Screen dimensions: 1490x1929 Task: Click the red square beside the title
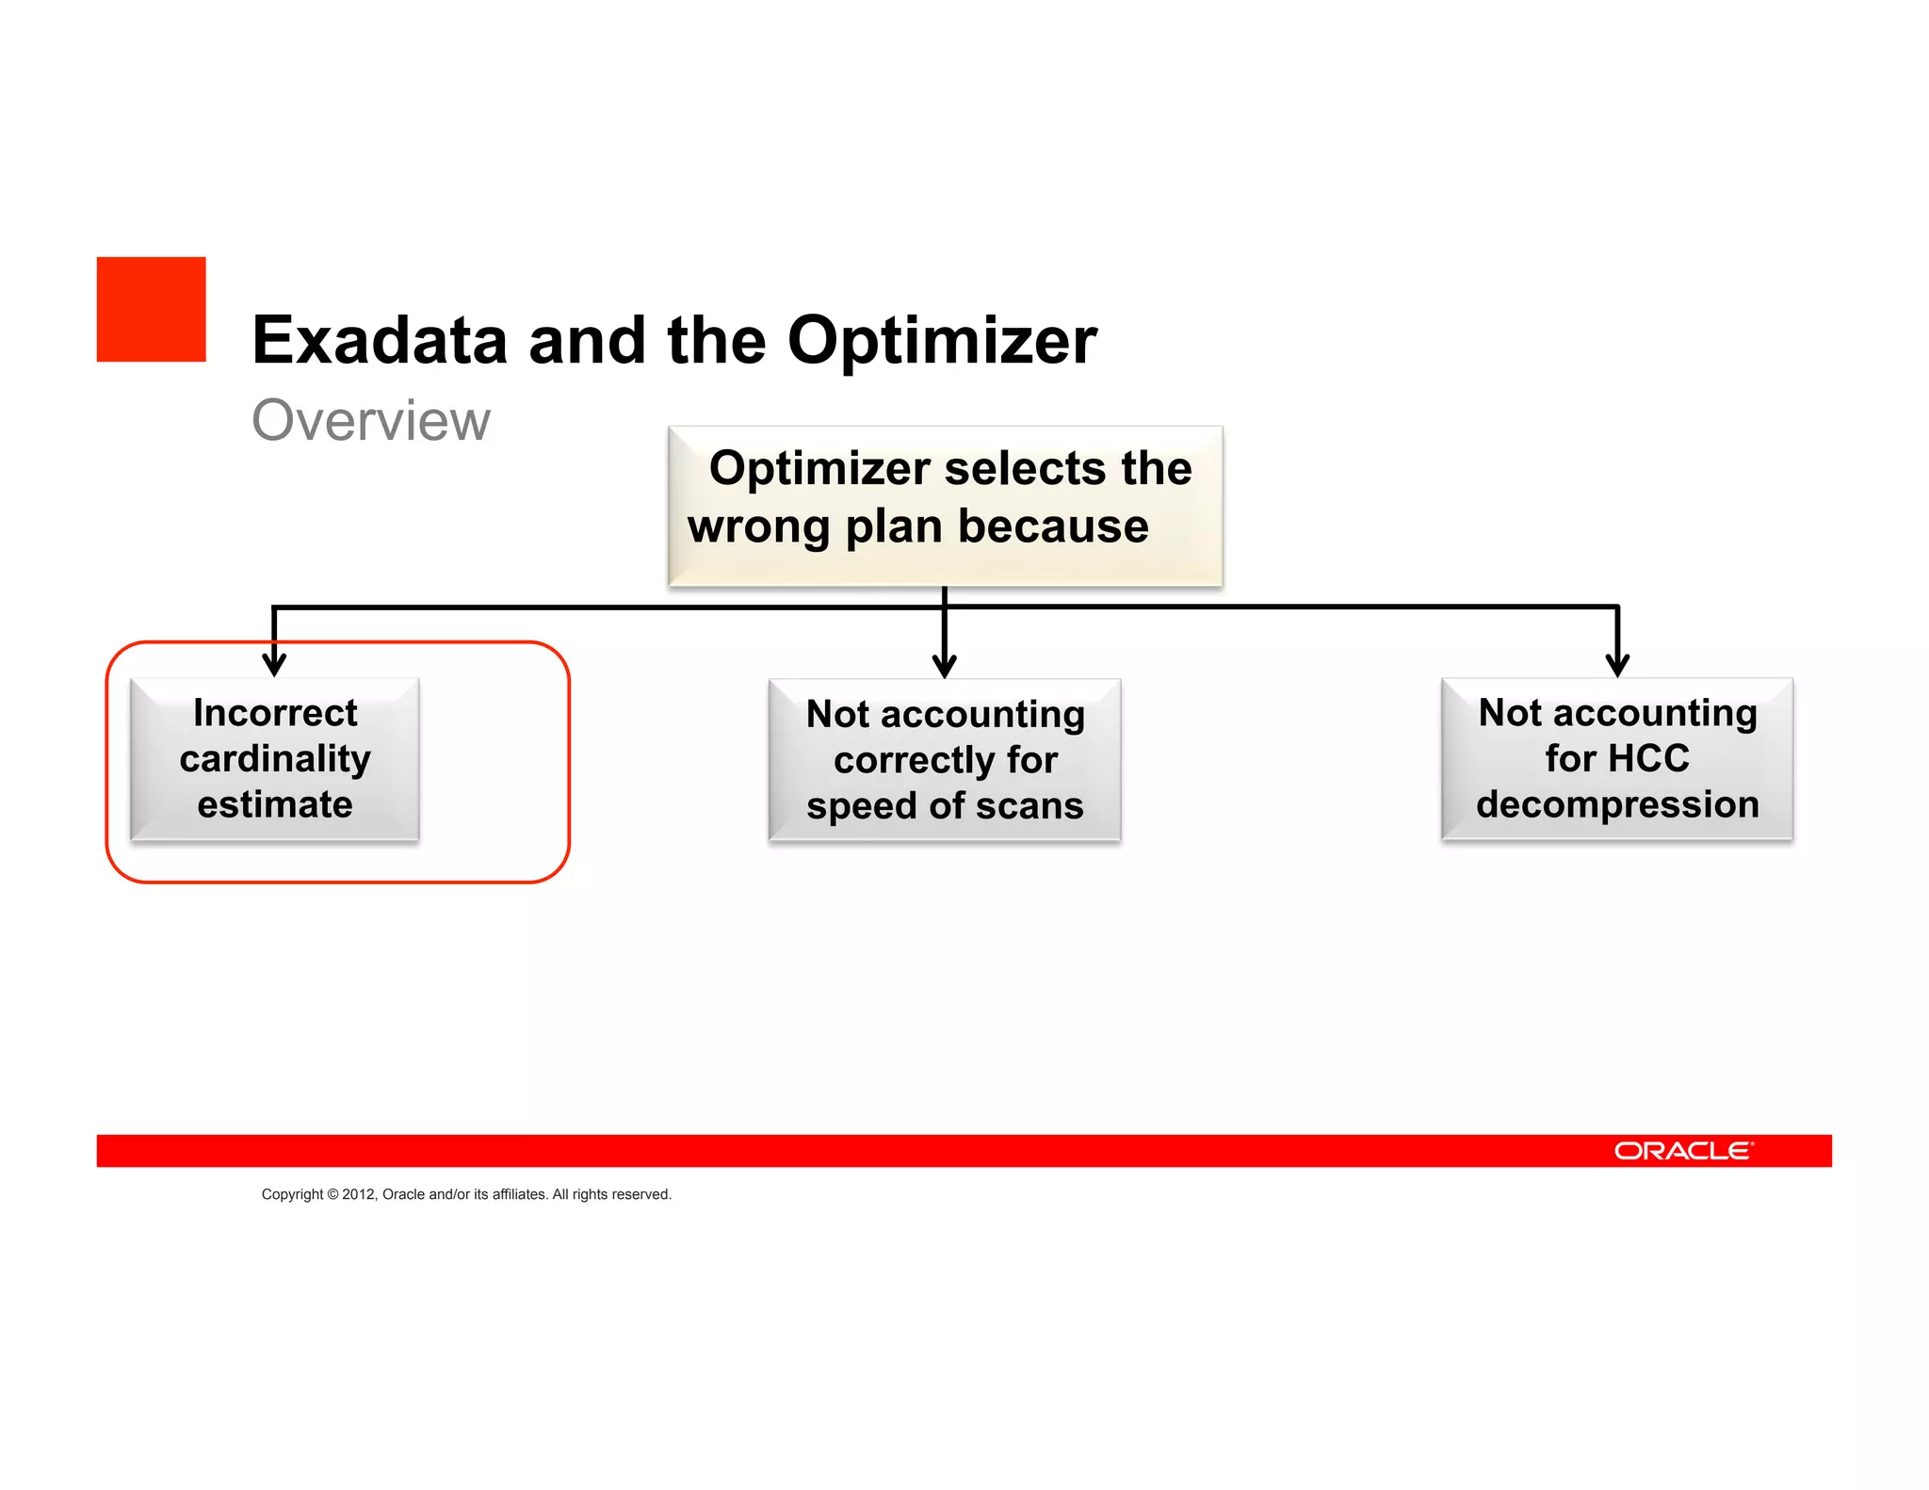click(151, 309)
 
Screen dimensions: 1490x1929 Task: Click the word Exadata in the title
click(380, 340)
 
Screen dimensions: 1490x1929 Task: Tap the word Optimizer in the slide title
click(942, 340)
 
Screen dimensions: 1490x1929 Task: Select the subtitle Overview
click(371, 420)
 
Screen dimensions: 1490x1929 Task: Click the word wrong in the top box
click(758, 526)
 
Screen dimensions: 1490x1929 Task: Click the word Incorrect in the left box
click(275, 713)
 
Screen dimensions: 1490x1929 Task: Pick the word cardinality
click(275, 759)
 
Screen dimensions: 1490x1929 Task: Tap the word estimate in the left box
click(275, 804)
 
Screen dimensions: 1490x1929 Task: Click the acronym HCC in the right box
click(1649, 759)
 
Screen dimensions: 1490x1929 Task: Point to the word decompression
click(1617, 804)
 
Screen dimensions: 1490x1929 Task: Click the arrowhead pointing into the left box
click(274, 664)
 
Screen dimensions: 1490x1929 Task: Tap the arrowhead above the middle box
click(945, 666)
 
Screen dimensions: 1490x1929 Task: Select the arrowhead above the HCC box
click(1617, 665)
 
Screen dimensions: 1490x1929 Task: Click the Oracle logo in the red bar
click(1683, 1151)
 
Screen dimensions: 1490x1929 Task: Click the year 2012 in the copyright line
click(358, 1194)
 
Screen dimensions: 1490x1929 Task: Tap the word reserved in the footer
click(641, 1194)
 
